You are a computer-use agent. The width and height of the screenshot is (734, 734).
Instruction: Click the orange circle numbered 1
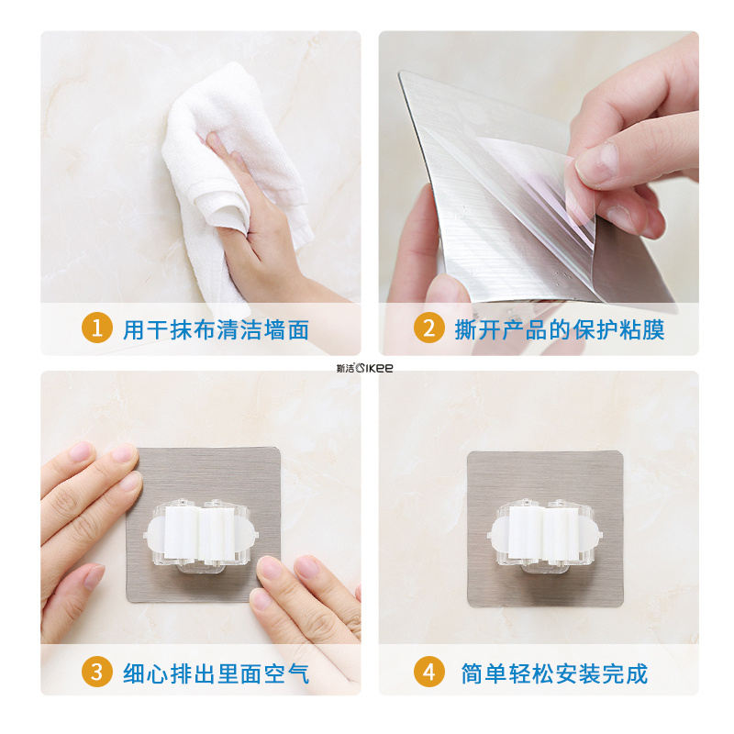[x=97, y=328]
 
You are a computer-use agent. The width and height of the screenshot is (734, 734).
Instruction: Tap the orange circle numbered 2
[x=428, y=328]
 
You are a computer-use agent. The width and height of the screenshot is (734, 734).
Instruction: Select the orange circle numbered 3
[x=97, y=672]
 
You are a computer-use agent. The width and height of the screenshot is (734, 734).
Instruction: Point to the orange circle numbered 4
[x=428, y=672]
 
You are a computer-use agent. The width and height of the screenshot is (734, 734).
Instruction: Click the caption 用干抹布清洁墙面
[x=216, y=330]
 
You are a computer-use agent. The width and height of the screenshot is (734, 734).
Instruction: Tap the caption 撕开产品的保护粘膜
[x=560, y=330]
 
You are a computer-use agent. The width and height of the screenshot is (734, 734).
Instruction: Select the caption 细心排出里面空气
[x=216, y=674]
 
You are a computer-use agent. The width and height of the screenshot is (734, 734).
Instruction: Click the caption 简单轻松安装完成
[x=554, y=674]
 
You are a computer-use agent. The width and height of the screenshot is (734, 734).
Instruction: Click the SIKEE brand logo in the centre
[x=365, y=368]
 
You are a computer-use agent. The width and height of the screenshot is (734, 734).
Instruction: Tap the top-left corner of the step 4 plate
[x=469, y=452]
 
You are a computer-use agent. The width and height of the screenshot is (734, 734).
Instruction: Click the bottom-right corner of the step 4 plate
[x=622, y=606]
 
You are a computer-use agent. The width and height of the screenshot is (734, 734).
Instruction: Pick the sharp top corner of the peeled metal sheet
[x=399, y=72]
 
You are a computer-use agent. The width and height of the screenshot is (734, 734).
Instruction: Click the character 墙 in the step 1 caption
[x=274, y=330]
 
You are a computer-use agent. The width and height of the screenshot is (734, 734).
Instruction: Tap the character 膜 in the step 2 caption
[x=653, y=330]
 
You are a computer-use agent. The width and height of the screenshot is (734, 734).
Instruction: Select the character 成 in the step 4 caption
[x=637, y=674]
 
